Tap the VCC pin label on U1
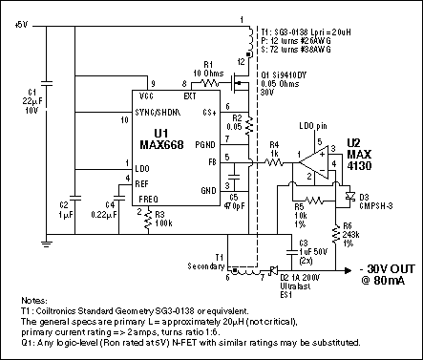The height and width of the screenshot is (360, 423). (x=146, y=97)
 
